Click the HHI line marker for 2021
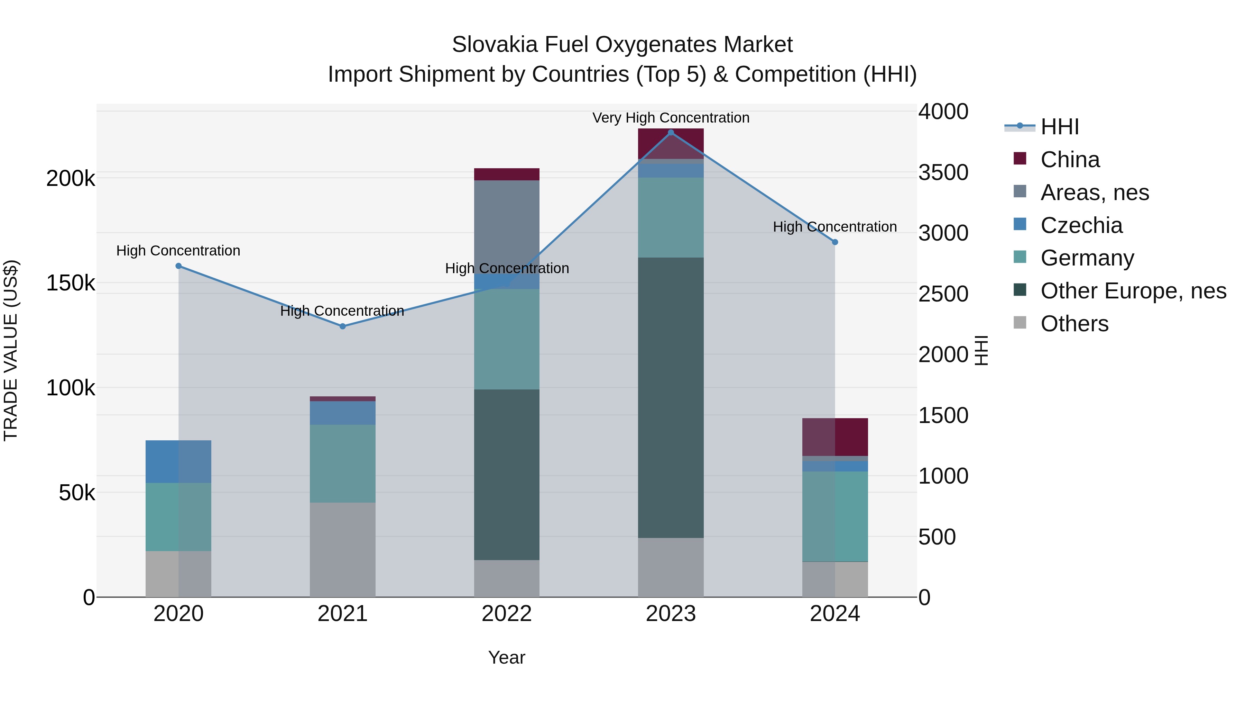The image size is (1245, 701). tap(343, 326)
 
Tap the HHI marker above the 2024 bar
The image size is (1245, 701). tap(835, 242)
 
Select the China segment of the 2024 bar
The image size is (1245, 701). tap(835, 437)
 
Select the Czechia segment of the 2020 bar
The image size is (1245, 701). tap(178, 461)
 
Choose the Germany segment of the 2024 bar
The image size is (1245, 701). tap(835, 516)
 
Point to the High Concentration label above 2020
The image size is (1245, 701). tap(178, 251)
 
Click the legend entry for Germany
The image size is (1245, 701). tap(1087, 258)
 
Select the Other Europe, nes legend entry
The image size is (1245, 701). tap(1133, 291)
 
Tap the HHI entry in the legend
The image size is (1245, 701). tap(1059, 127)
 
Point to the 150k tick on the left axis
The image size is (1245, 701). tap(71, 283)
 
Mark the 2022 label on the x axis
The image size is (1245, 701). tap(507, 614)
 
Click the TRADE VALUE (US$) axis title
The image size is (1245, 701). tap(11, 350)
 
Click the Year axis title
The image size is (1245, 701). tap(507, 657)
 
